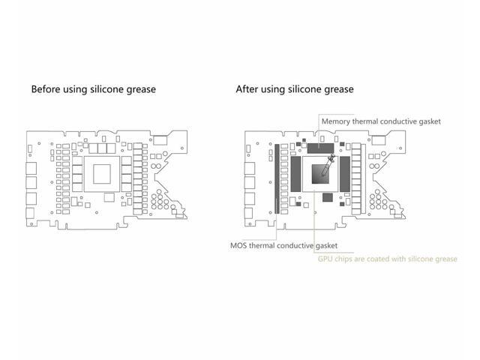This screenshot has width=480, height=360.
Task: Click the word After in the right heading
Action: pyautogui.click(x=248, y=89)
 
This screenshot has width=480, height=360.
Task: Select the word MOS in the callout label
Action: pyautogui.click(x=241, y=245)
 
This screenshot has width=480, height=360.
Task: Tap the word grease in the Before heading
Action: pyautogui.click(x=140, y=89)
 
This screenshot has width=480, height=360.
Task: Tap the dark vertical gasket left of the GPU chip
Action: pyautogui.click(x=295, y=175)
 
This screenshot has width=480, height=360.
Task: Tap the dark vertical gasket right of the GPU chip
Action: pyautogui.click(x=345, y=175)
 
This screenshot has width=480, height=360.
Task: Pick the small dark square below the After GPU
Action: pyautogui.click(x=327, y=197)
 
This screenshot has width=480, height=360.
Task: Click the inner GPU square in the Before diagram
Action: pyautogui.click(x=102, y=175)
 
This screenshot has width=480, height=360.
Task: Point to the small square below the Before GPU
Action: pyautogui.click(x=109, y=197)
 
